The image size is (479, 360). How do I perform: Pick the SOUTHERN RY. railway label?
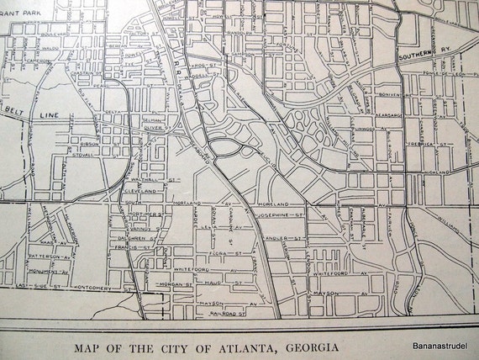coord(426,60)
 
